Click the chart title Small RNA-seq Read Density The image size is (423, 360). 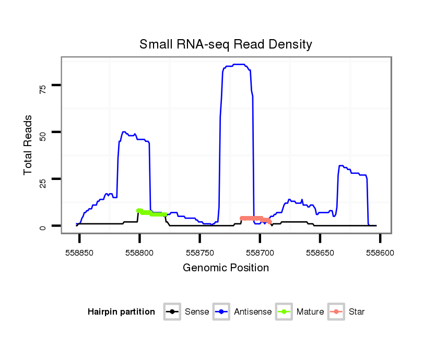pos(226,44)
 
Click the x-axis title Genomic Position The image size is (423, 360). pos(226,268)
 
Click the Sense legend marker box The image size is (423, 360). pos(172,312)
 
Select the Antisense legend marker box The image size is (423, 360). pos(221,312)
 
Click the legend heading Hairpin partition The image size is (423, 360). pos(121,312)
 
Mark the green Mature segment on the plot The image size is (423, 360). pos(151,213)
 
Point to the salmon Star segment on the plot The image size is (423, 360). pos(255,219)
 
